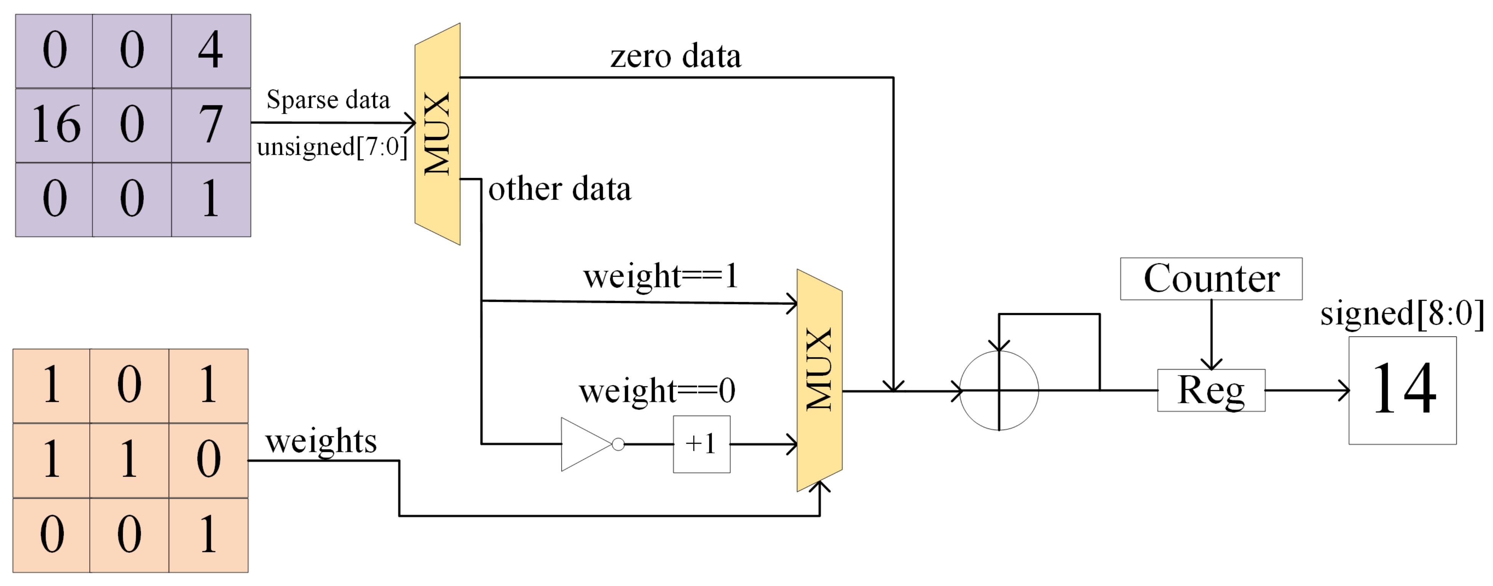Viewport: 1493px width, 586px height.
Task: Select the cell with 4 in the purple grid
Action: tap(211, 51)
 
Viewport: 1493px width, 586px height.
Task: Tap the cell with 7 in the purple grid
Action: tap(211, 125)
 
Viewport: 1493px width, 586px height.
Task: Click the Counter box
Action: tap(1211, 279)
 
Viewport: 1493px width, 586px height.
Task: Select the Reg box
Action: tap(1211, 390)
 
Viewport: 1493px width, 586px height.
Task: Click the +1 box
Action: tap(701, 444)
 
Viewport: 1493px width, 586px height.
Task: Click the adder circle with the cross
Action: tap(999, 390)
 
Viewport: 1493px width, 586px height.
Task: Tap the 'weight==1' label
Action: tap(661, 276)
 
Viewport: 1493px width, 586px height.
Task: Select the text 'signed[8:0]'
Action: tap(1402, 314)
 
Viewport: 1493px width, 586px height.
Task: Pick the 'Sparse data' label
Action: tap(328, 100)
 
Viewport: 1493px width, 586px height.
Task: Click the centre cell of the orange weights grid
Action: tap(129, 460)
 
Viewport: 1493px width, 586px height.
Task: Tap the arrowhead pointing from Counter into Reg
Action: tap(1211, 364)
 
